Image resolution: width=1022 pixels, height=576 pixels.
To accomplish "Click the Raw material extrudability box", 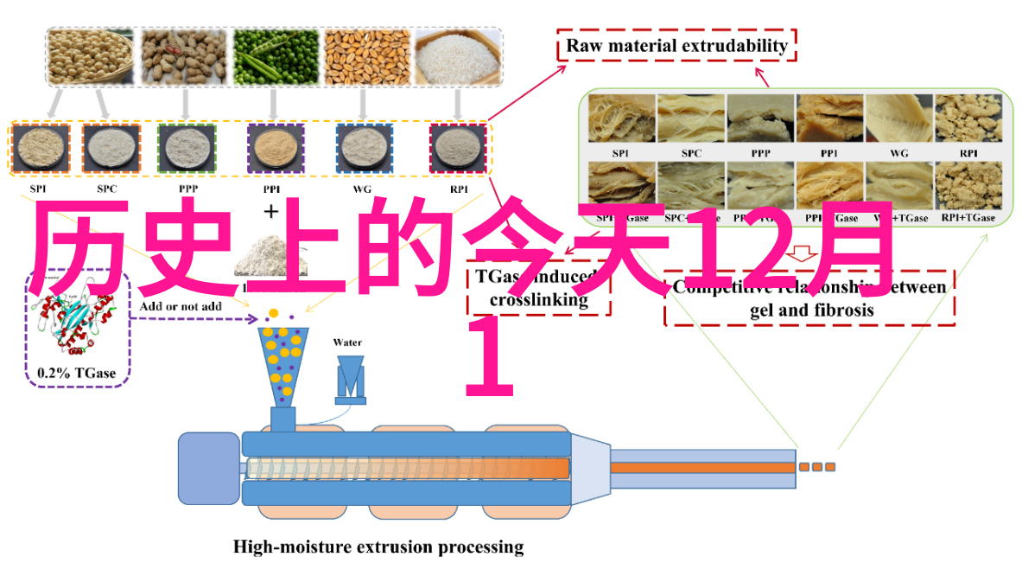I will point(676,46).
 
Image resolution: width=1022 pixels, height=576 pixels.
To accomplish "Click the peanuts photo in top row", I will point(185,57).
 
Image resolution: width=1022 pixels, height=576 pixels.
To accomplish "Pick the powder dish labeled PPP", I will point(186,150).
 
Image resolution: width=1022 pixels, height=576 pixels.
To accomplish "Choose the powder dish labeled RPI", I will point(458,150).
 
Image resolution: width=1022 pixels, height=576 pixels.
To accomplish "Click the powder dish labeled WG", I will point(364,150).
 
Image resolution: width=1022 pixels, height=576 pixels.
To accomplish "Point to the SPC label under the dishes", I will point(108,189).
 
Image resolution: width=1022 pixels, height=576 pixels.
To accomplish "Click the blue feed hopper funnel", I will point(283,364).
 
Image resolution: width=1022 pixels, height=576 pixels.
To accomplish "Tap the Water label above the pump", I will point(347,342).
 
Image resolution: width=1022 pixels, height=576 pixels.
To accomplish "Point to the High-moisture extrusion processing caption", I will point(378,547).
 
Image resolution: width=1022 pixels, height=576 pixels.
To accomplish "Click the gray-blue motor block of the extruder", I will point(208,469).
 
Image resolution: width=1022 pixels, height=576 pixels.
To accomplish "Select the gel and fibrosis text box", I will point(809,298).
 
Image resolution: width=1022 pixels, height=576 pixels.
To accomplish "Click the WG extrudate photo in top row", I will point(897,118).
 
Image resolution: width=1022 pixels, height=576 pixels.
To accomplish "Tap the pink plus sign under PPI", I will point(272,212).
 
